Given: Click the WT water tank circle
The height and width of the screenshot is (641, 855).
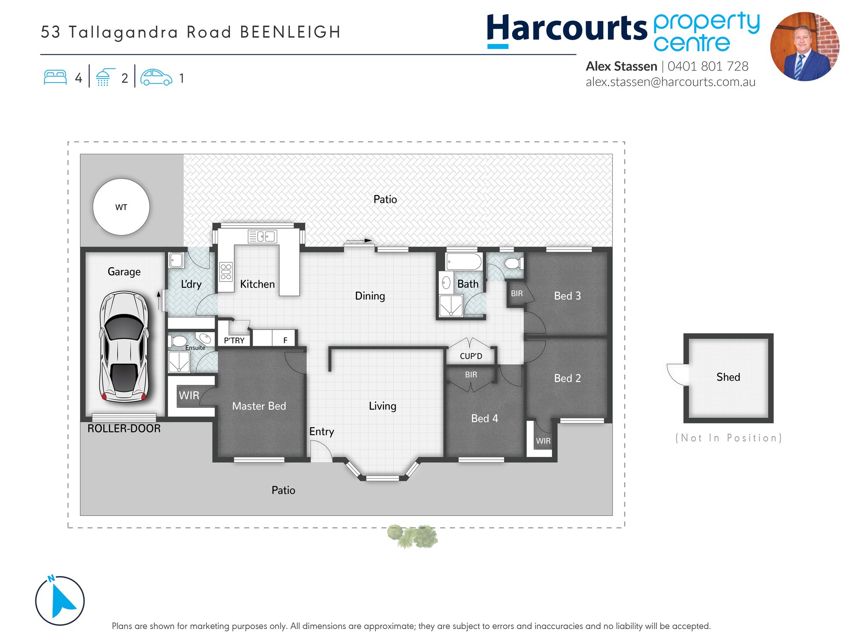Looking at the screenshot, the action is click(x=121, y=207).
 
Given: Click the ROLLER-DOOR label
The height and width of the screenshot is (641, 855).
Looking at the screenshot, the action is click(x=124, y=429).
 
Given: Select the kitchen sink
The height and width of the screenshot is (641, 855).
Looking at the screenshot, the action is click(x=262, y=236).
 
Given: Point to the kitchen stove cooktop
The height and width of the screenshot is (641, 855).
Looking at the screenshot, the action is click(x=226, y=271).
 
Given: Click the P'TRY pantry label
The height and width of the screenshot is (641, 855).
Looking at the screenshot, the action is click(x=234, y=341).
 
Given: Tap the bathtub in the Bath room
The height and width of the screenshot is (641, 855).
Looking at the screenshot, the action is click(x=464, y=262).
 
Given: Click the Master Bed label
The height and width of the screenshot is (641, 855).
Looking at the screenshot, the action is click(x=259, y=406).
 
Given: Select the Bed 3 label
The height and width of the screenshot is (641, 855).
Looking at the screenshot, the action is click(x=567, y=296).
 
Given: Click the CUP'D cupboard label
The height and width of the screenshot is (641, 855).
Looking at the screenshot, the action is click(x=471, y=356).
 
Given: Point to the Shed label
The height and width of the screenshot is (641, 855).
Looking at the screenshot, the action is click(x=728, y=377).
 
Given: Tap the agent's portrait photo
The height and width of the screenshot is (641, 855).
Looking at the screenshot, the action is click(x=805, y=47).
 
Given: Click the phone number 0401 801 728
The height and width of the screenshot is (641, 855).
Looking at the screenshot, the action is click(x=708, y=66).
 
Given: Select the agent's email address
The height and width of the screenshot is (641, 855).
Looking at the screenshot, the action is click(x=670, y=82).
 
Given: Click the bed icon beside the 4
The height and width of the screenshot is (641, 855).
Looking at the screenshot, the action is click(x=55, y=77).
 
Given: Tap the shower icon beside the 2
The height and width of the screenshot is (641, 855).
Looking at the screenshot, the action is click(x=104, y=77).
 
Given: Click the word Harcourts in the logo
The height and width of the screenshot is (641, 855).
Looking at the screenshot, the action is click(x=567, y=28).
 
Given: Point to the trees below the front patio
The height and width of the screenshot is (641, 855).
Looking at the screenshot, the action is click(x=413, y=536).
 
